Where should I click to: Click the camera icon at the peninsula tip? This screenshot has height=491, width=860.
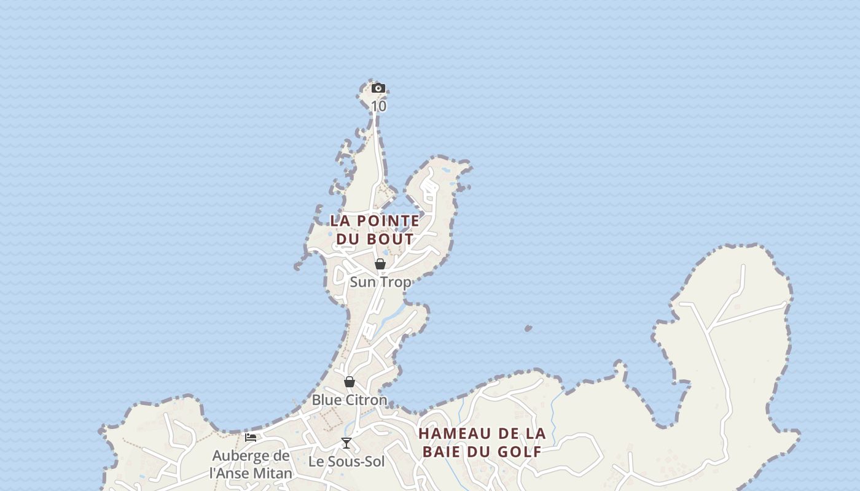click(x=378, y=88)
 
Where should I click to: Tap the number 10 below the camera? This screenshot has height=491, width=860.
click(x=379, y=106)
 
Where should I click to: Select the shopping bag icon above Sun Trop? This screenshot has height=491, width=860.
click(x=380, y=264)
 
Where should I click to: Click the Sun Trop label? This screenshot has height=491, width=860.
click(x=380, y=282)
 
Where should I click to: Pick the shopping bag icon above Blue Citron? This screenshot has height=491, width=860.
click(x=350, y=382)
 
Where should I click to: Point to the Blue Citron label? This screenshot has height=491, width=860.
click(x=350, y=400)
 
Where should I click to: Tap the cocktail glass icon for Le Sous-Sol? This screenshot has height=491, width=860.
click(x=346, y=443)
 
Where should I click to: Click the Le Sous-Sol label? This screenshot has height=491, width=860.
click(x=346, y=462)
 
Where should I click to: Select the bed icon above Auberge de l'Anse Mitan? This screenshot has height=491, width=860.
click(x=251, y=438)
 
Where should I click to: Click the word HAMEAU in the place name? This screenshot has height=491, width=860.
click(x=455, y=434)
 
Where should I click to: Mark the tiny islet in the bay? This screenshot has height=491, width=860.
click(x=528, y=329)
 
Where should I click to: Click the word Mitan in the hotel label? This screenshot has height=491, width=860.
click(x=272, y=473)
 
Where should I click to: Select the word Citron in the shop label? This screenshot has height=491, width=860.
click(x=365, y=400)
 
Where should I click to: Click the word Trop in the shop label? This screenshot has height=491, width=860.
click(x=396, y=282)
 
